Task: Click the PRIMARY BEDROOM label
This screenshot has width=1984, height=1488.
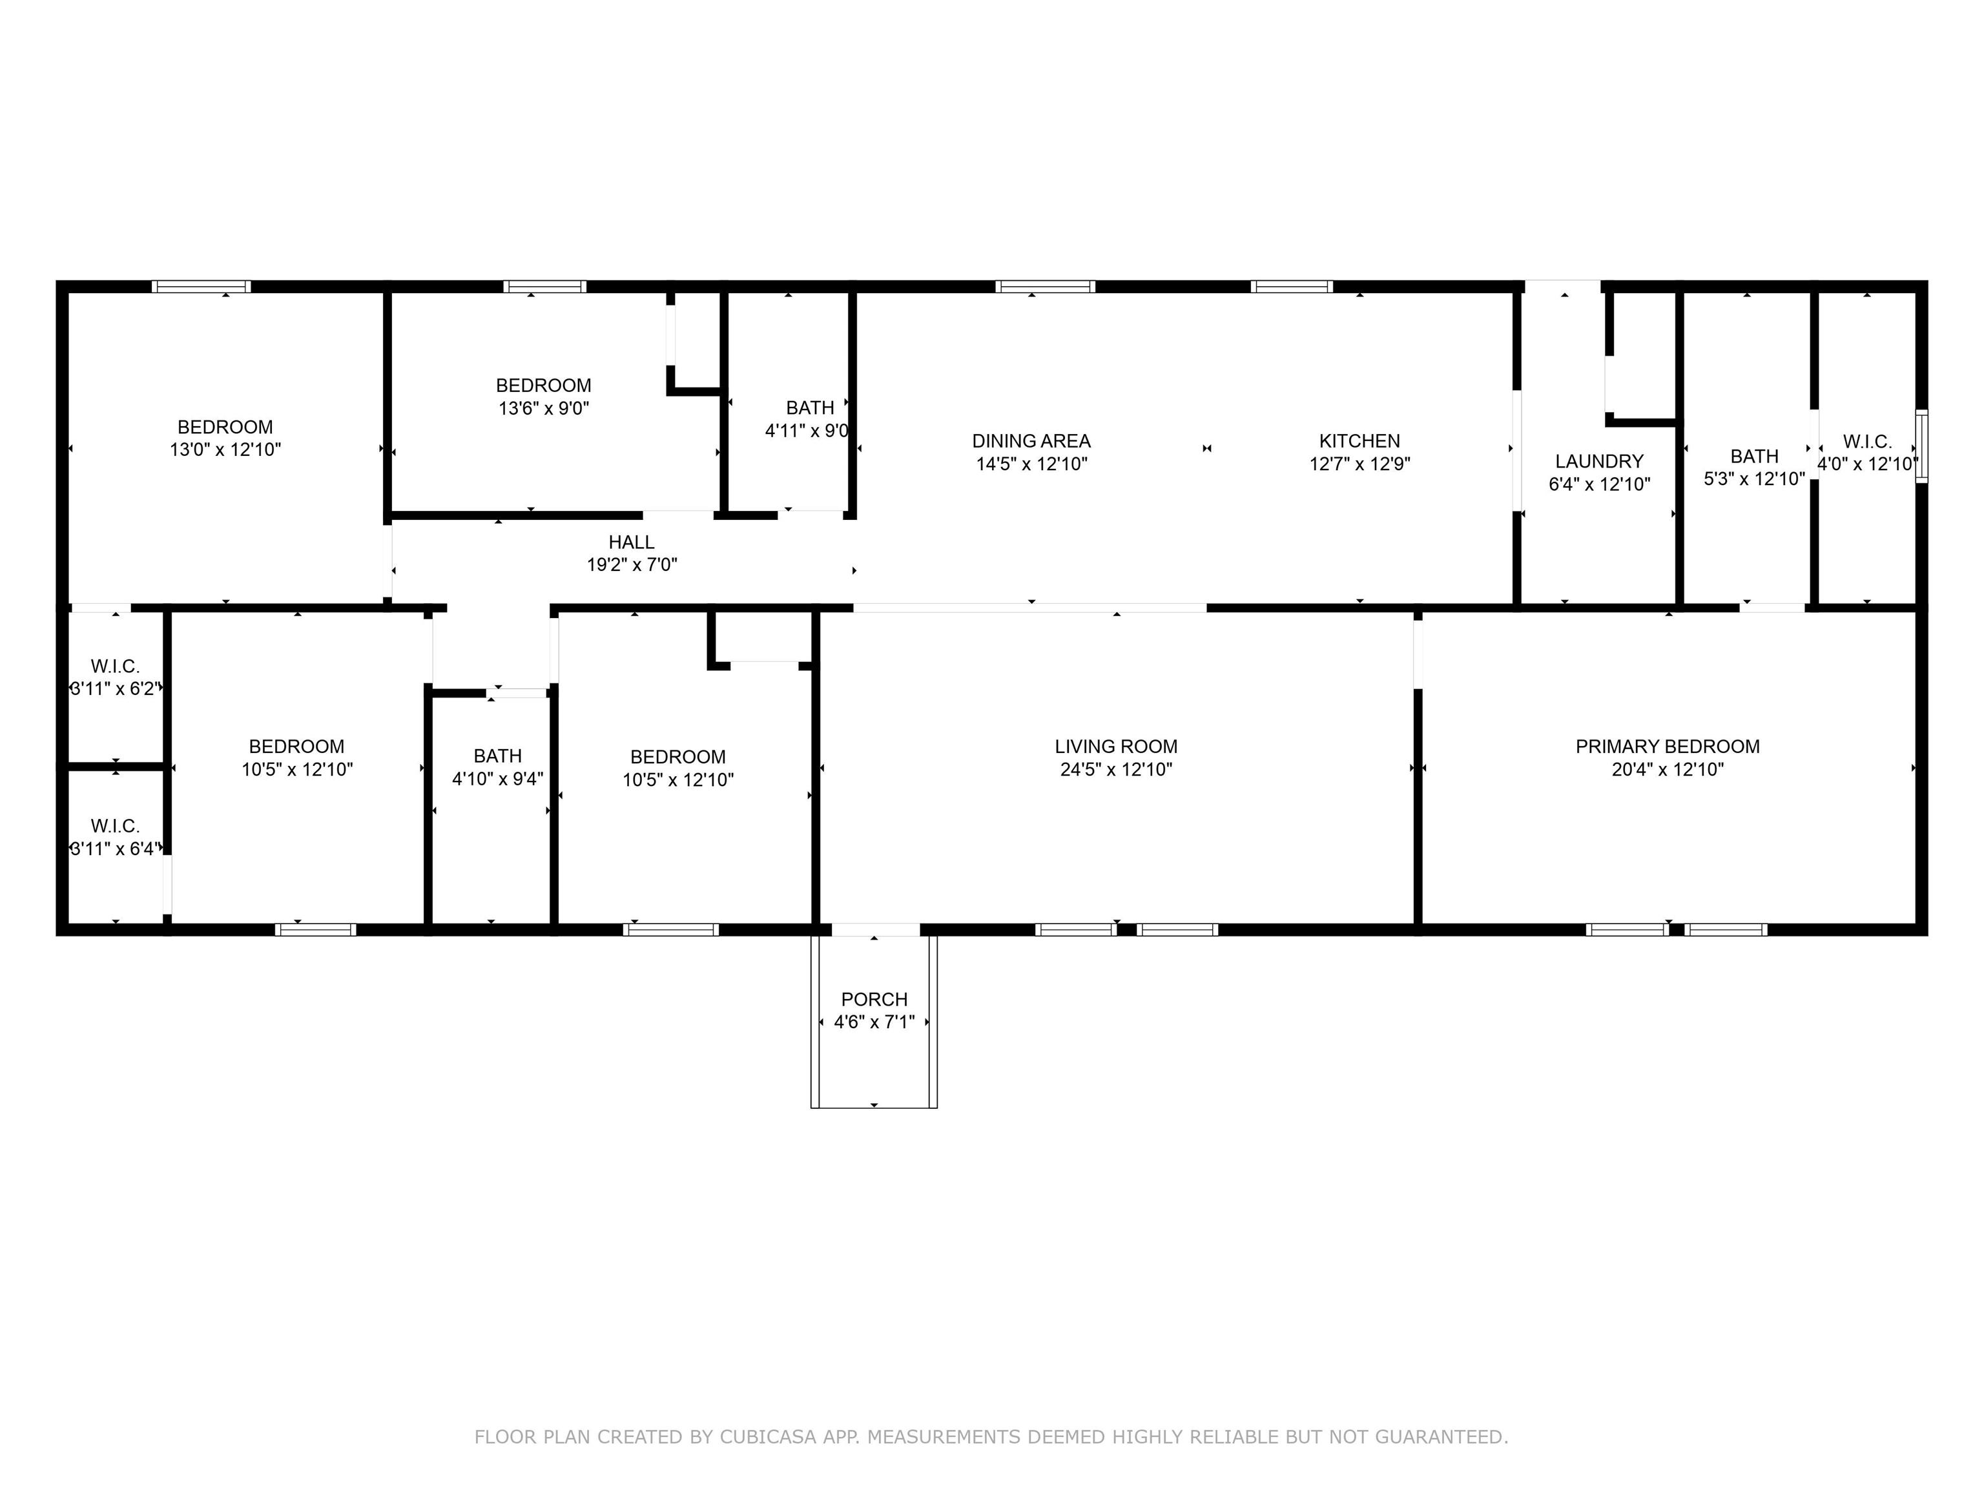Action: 1668,746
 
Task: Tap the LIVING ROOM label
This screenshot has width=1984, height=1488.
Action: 1116,746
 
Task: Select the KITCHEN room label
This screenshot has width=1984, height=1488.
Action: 1359,441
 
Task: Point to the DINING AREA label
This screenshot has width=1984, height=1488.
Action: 1031,441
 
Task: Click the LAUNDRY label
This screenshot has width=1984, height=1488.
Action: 1599,461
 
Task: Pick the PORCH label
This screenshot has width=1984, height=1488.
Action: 874,999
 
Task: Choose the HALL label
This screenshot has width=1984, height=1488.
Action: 632,542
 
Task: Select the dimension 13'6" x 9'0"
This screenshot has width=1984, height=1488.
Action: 544,408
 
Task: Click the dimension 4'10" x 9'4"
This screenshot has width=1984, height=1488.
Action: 498,778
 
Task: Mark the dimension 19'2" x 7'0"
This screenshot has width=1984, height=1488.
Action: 632,565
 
